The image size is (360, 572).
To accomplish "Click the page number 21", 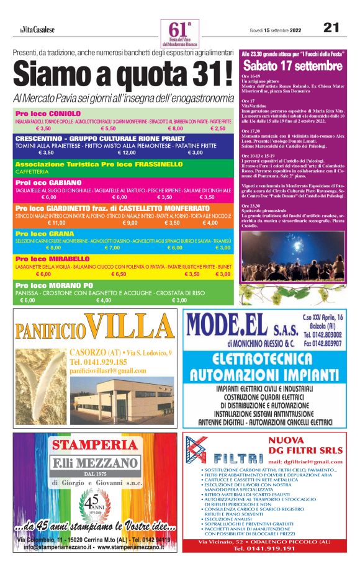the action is pyautogui.click(x=331, y=28).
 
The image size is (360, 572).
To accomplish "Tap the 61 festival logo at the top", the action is pyautogui.click(x=179, y=32).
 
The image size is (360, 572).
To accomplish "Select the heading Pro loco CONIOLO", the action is pyautogui.click(x=48, y=114).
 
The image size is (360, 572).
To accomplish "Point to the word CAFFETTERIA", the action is pyautogui.click(x=32, y=171).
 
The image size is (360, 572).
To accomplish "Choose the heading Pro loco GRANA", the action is pyautogui.click(x=44, y=234).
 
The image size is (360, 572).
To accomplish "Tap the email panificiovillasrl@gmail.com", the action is pyautogui.click(x=109, y=370).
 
